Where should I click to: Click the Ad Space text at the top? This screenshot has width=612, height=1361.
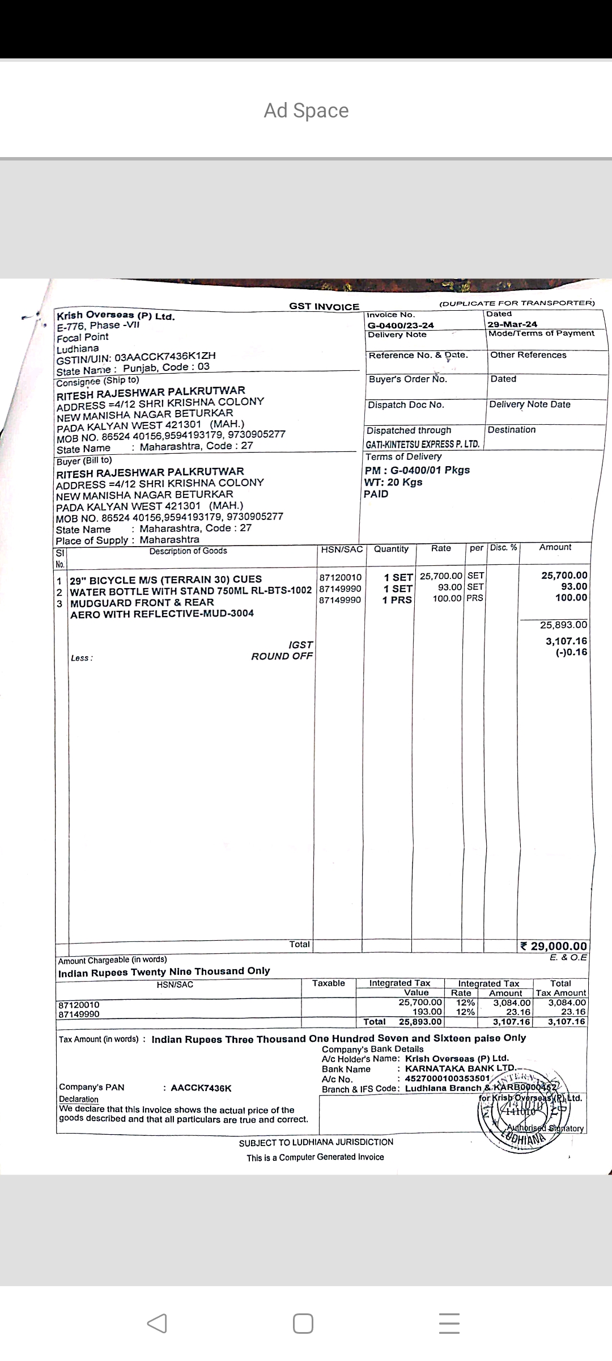pyautogui.click(x=306, y=111)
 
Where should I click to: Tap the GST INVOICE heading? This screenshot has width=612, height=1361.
pyautogui.click(x=324, y=307)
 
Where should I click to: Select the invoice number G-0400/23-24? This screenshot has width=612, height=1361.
pyautogui.click(x=401, y=325)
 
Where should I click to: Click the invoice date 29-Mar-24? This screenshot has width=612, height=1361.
pyautogui.click(x=512, y=324)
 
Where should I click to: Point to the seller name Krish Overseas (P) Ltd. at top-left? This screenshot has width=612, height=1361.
pyautogui.click(x=116, y=316)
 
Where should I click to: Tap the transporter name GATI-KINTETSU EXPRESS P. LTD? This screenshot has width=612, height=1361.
pyautogui.click(x=423, y=444)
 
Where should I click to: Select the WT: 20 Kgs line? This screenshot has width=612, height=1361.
pyautogui.click(x=393, y=482)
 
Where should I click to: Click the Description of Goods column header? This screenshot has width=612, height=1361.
pyautogui.click(x=188, y=551)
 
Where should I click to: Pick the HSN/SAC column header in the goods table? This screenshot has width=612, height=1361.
pyautogui.click(x=342, y=550)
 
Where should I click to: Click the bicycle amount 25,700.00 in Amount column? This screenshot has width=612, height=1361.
pyautogui.click(x=564, y=575)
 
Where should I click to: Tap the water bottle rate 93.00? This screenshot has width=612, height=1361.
pyautogui.click(x=452, y=587)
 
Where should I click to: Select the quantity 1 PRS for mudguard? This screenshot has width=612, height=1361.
pyautogui.click(x=397, y=600)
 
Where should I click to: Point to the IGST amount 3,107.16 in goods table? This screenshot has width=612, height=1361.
pyautogui.click(x=566, y=641)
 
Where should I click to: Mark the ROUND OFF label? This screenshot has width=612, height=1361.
pyautogui.click(x=282, y=656)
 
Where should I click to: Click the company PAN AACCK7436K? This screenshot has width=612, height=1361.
pyautogui.click(x=201, y=1088)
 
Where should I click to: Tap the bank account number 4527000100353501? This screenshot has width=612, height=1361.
pyautogui.click(x=447, y=1078)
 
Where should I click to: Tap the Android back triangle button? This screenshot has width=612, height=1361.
pyautogui.click(x=157, y=1323)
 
